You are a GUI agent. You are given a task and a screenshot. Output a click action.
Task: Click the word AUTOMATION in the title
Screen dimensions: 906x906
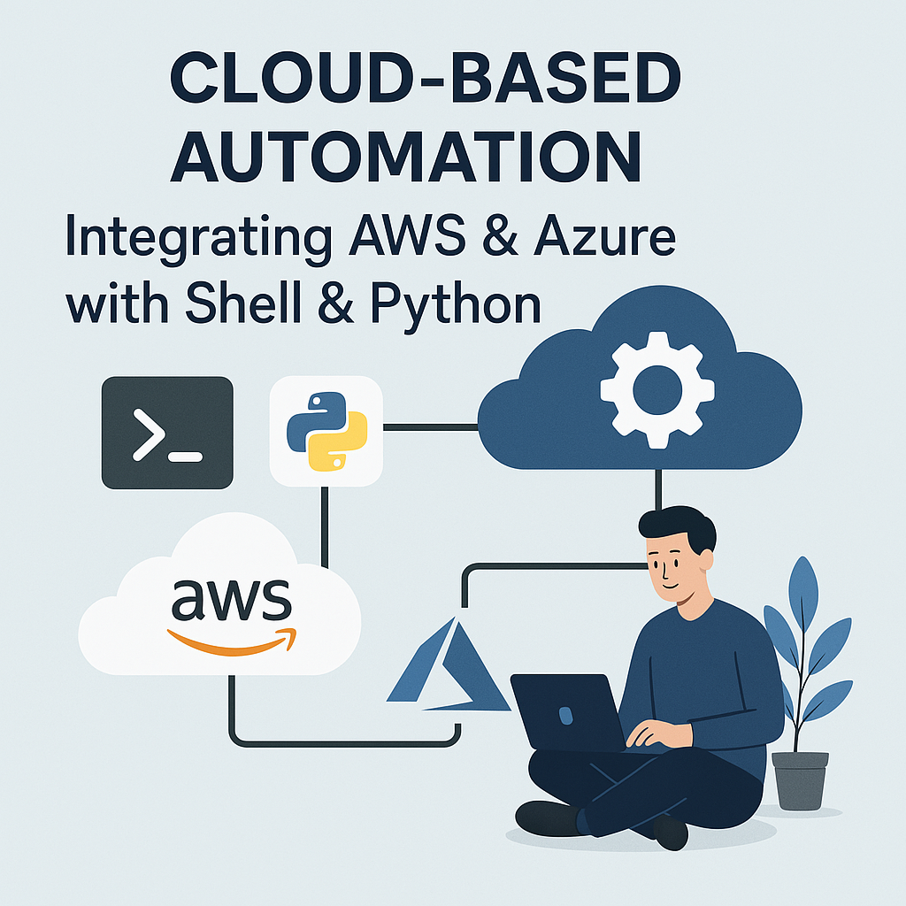[405, 159]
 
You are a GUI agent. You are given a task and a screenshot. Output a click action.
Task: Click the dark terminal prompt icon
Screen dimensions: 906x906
[167, 433]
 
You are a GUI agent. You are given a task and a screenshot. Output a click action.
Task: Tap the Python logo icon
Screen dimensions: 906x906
[326, 431]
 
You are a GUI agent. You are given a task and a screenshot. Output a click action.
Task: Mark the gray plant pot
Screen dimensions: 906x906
[800, 779]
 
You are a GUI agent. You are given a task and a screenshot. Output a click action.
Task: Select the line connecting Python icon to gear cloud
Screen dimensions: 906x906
[430, 427]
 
